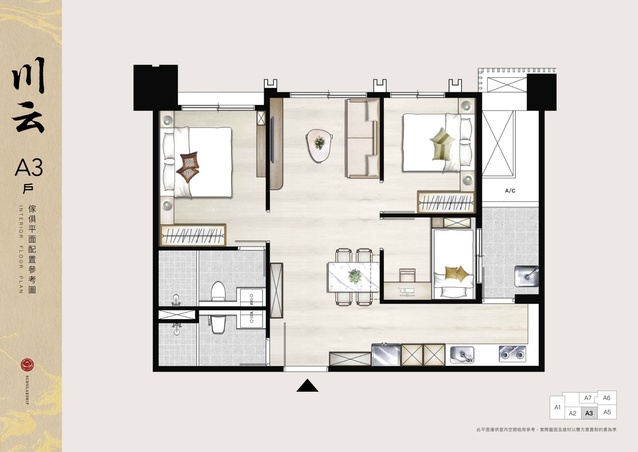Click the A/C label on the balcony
pos(510,191)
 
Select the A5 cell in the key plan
pos(607,412)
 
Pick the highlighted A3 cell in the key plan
pos(589,413)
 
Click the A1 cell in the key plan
pos(557,407)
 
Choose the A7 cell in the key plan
pos(588,398)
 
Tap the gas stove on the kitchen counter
pos(512,354)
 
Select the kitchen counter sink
pos(462,355)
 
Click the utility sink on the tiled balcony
pos(526,276)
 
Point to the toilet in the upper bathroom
pos(218,291)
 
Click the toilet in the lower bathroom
pos(218,324)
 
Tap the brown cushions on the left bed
pos(188,167)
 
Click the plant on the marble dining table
pos(355,276)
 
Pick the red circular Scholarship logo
pos(27,365)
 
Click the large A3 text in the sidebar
pos(29,168)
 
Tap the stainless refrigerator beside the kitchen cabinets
pos(386,354)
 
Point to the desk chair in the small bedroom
pos(407,276)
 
